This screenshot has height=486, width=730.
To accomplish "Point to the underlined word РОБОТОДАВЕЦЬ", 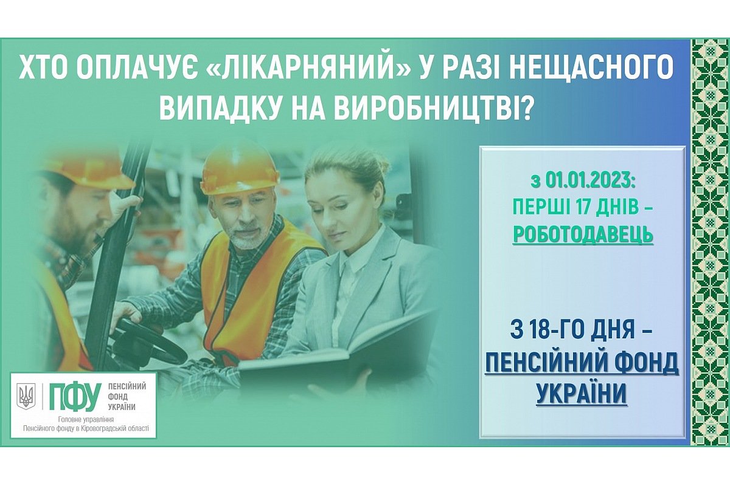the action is tap(583, 233).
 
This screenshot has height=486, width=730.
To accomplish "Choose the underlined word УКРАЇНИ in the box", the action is tap(582, 394).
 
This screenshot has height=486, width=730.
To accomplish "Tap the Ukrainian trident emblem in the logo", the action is tap(26, 397).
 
